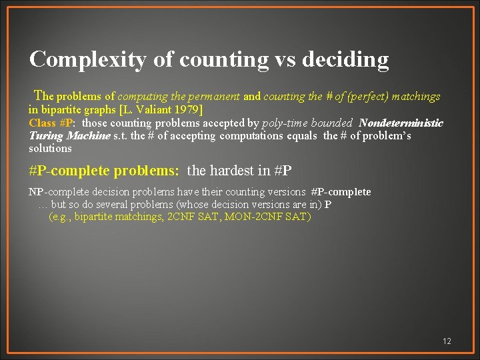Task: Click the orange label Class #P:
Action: click(53, 123)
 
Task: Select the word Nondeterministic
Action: click(401, 123)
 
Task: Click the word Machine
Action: click(88, 136)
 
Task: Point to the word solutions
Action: click(50, 148)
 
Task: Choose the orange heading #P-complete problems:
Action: click(104, 171)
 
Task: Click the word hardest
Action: click(230, 171)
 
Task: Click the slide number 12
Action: click(447, 341)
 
